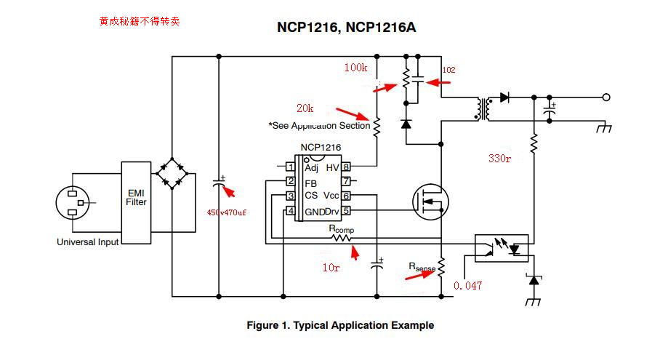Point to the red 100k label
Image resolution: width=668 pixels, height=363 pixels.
(x=355, y=68)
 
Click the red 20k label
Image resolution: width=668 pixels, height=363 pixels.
(x=305, y=108)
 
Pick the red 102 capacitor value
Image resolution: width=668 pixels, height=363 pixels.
(x=448, y=70)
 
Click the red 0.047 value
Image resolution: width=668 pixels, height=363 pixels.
(x=467, y=286)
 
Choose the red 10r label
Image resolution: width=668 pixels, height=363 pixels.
(x=331, y=268)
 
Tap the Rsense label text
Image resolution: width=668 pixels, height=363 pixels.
(x=422, y=268)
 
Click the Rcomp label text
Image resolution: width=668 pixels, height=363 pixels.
(x=342, y=229)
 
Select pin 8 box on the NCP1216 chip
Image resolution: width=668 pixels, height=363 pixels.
(x=347, y=167)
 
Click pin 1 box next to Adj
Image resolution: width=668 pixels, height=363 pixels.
(x=291, y=167)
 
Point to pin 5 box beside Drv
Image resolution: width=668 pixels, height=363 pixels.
(x=347, y=211)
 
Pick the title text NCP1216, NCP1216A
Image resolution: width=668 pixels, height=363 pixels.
(x=346, y=28)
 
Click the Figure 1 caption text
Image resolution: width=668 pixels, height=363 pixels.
(x=340, y=325)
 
